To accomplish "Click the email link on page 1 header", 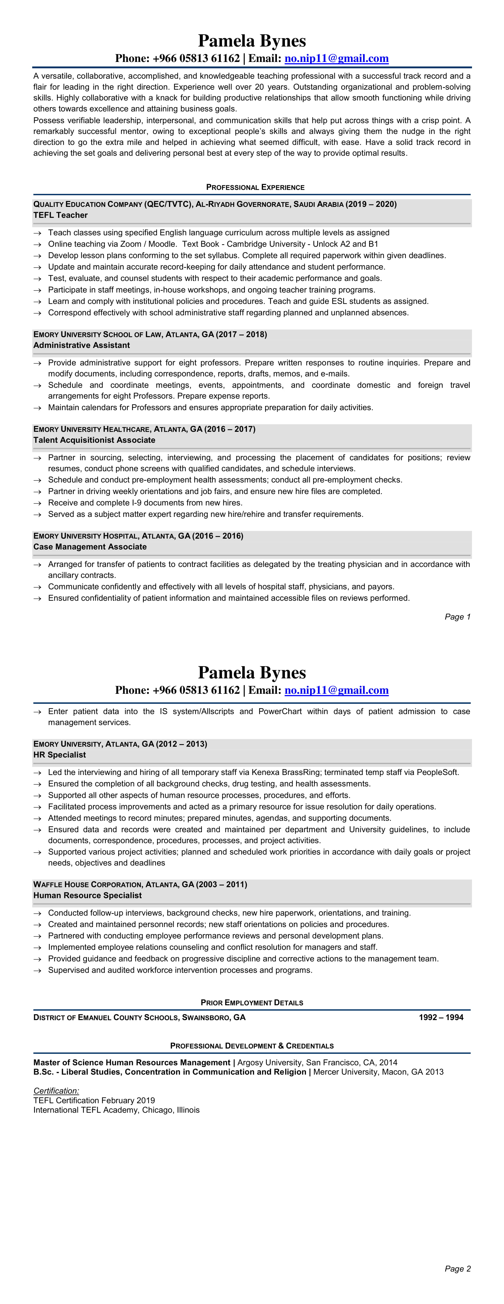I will [336, 59].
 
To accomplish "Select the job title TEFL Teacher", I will [60, 215].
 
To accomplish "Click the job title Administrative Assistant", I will [82, 345].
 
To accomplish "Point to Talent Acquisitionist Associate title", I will [94, 440].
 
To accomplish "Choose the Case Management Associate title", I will [90, 547].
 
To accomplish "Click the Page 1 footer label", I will [457, 616].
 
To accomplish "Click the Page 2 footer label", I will [457, 1268].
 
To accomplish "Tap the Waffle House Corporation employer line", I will [140, 884].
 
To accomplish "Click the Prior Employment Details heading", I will [252, 1002].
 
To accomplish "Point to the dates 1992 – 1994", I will [441, 1017].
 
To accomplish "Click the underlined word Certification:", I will [56, 1091].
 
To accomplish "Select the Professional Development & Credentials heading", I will [252, 1046].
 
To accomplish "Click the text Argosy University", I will [270, 1062].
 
